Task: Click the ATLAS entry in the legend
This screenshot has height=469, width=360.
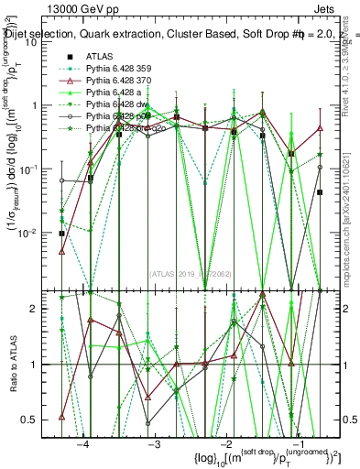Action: pyautogui.click(x=100, y=56)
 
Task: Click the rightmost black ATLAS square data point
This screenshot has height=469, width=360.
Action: pyautogui.click(x=320, y=192)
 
